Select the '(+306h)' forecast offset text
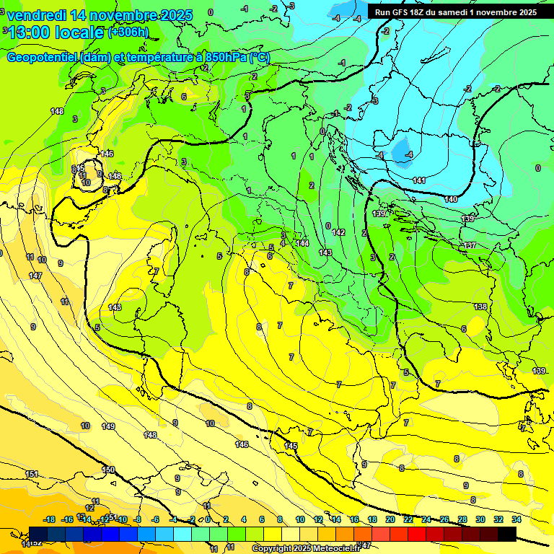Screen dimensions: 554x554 [128, 32]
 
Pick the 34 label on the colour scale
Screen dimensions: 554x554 [516, 519]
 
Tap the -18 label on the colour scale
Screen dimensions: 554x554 [50, 519]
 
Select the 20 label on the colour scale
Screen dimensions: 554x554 [390, 519]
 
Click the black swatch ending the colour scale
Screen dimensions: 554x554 [507, 534]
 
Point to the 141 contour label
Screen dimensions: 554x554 [419, 180]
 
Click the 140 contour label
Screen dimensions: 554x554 [452, 199]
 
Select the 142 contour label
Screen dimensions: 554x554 [339, 232]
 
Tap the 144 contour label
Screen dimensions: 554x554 [303, 243]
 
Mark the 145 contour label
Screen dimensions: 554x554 [291, 447]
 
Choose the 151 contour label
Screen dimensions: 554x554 [32, 474]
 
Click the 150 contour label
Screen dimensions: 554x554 [108, 470]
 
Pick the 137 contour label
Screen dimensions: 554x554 [470, 246]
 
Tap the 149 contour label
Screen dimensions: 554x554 [108, 426]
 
